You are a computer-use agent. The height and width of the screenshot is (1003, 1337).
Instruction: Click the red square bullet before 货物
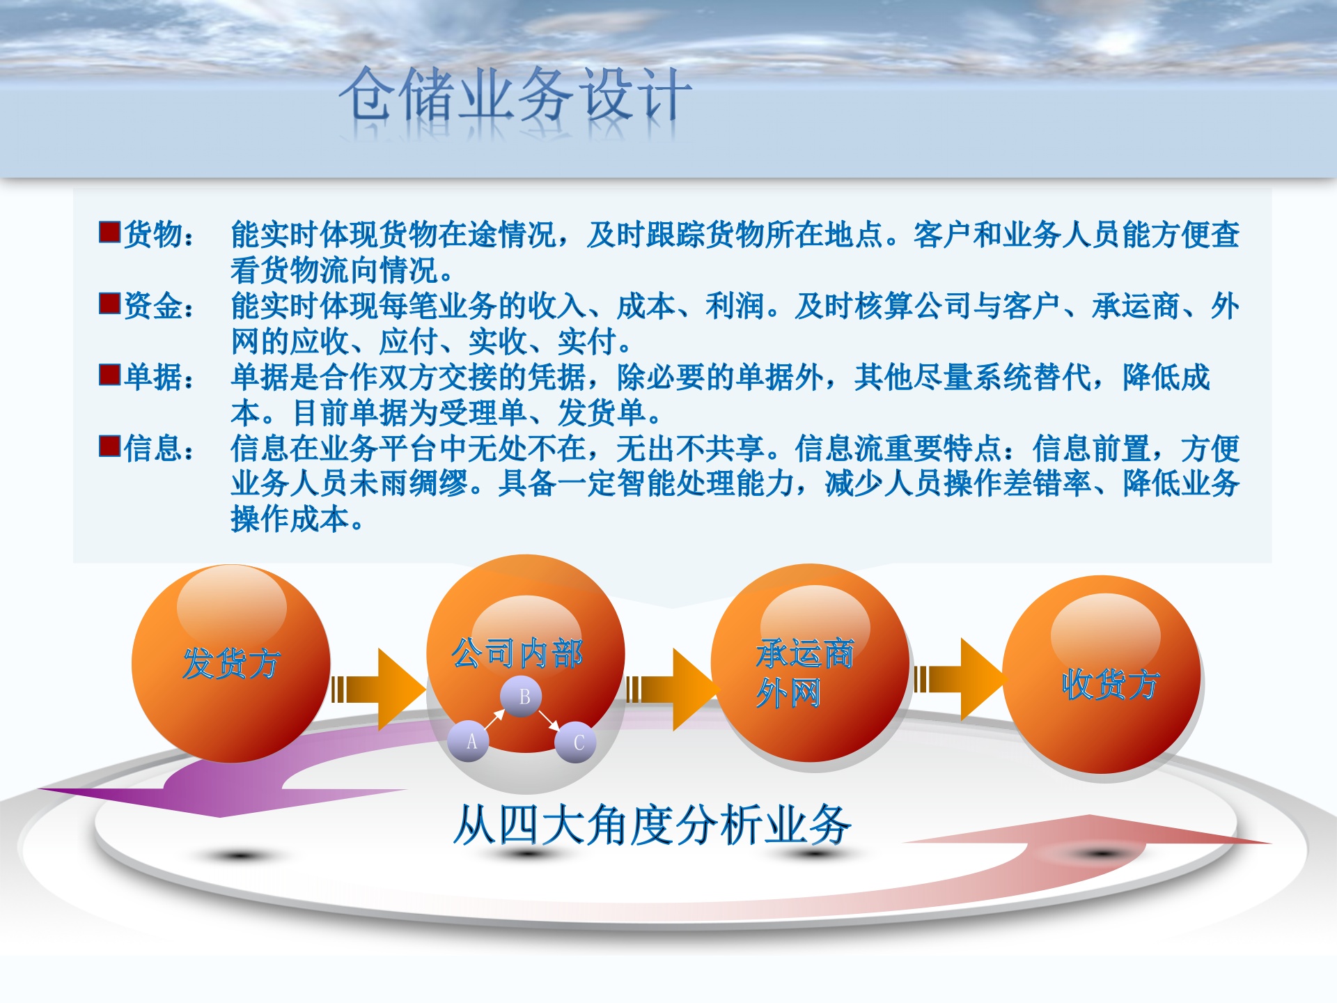[x=110, y=232]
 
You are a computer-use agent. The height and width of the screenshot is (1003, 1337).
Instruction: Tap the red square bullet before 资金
[x=110, y=304]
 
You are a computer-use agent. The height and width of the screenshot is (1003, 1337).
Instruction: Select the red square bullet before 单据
[x=110, y=375]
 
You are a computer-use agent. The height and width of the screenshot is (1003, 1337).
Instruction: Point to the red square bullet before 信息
[x=110, y=446]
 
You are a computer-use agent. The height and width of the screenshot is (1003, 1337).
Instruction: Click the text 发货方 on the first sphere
[x=231, y=663]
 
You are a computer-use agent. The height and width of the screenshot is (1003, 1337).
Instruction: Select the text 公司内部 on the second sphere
[x=517, y=653]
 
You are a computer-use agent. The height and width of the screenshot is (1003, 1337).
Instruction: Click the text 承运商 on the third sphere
[x=805, y=653]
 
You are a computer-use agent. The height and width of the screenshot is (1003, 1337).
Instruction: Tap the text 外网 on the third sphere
[x=788, y=693]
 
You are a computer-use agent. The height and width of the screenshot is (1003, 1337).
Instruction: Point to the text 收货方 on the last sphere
[x=1110, y=684]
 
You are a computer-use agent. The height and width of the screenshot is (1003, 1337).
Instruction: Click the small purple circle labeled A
[x=471, y=741]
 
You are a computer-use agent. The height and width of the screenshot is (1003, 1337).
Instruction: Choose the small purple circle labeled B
[x=524, y=697]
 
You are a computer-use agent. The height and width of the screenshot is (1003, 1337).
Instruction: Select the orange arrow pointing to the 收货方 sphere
[x=961, y=679]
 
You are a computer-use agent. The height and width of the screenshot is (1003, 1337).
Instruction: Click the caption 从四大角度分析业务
[x=652, y=825]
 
